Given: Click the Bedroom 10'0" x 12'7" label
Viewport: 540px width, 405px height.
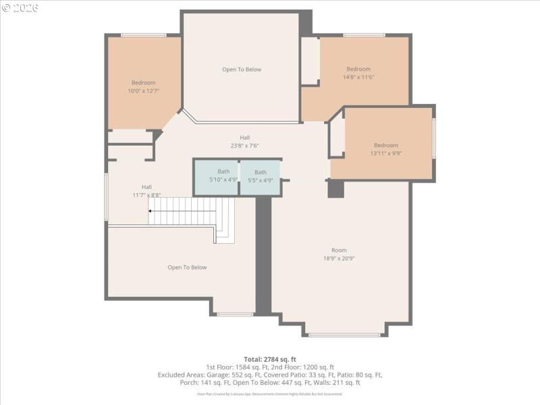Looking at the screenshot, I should (143, 86).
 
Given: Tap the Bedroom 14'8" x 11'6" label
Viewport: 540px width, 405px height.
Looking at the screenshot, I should (358, 73).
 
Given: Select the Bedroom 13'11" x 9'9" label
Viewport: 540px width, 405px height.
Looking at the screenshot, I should (385, 149).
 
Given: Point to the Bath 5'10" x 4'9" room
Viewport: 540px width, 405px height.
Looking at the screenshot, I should (217, 177).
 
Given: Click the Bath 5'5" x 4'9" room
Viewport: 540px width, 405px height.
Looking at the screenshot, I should (261, 177).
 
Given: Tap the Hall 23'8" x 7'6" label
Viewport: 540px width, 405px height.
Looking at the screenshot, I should (244, 141).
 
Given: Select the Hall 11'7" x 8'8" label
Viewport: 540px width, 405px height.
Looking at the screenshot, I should (146, 191).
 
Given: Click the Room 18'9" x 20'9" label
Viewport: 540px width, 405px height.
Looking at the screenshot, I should (339, 254).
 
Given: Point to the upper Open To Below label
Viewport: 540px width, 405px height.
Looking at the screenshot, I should (242, 70).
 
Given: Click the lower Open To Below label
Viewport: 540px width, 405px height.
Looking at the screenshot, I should (187, 267).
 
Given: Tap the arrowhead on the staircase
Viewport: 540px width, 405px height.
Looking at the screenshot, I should (151, 211).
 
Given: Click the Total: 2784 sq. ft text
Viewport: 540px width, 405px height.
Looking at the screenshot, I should (270, 359).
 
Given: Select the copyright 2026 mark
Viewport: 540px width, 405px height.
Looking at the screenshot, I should (20, 8).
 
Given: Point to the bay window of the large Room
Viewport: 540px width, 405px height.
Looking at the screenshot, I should (344, 334).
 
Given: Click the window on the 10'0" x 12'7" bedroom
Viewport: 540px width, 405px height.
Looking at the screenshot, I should (143, 35).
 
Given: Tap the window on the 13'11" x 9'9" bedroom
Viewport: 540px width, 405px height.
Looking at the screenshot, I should (434, 138).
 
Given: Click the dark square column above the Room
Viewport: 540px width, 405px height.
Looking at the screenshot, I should (335, 189).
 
